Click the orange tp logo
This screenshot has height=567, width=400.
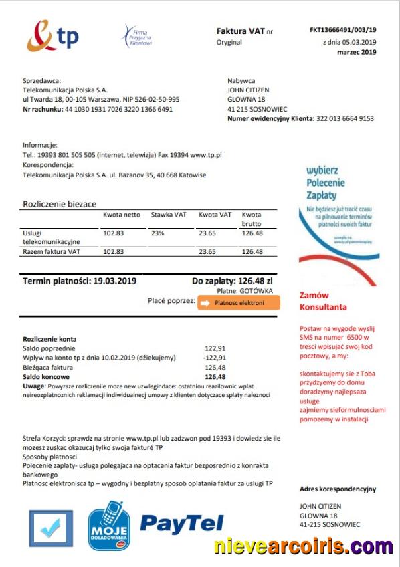click(52, 36)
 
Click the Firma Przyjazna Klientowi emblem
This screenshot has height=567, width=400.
click(136, 35)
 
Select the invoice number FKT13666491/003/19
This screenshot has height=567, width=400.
click(343, 30)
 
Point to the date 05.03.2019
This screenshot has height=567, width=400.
click(359, 41)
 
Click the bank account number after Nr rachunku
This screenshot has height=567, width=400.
click(118, 109)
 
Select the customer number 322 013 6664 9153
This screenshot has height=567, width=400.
click(345, 118)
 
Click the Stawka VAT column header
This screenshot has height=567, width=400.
click(169, 215)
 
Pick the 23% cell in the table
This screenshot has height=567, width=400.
click(157, 233)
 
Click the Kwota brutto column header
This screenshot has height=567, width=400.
click(252, 219)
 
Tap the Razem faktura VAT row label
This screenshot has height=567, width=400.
click(52, 251)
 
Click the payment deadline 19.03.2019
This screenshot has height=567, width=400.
click(114, 281)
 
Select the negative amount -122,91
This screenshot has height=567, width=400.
click(215, 358)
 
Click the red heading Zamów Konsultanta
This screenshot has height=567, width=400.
click(323, 300)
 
